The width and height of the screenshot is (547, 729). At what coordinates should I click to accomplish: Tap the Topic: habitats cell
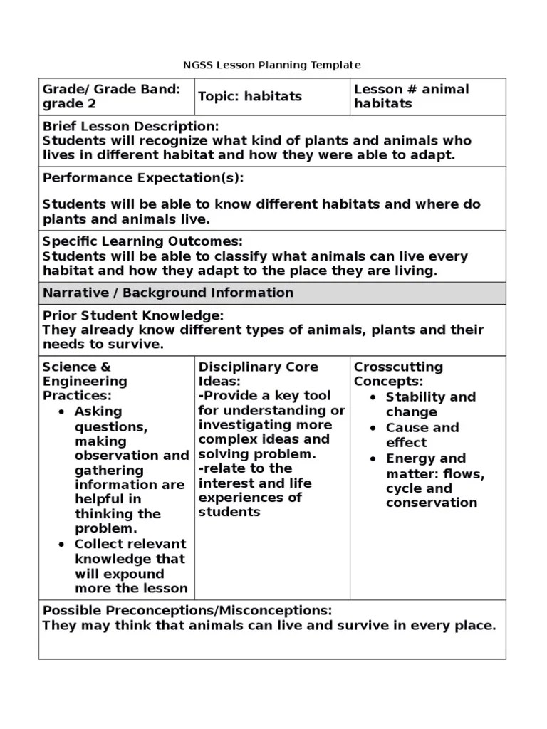pyautogui.click(x=249, y=96)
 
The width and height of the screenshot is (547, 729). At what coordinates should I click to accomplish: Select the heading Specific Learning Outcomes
pyautogui.click(x=142, y=241)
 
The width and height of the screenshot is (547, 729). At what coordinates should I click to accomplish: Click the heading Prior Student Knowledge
pyautogui.click(x=133, y=315)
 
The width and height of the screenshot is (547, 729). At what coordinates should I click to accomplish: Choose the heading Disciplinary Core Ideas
pyautogui.click(x=258, y=374)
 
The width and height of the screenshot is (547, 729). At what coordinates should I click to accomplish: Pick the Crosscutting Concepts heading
pyautogui.click(x=398, y=374)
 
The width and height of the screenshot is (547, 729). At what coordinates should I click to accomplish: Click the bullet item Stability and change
pyautogui.click(x=429, y=404)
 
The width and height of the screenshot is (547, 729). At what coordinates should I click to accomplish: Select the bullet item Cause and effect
pyautogui.click(x=422, y=435)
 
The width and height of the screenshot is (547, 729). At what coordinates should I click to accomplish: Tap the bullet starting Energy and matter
pyautogui.click(x=434, y=481)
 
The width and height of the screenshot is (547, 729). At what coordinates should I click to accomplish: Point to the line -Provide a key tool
pyautogui.click(x=264, y=396)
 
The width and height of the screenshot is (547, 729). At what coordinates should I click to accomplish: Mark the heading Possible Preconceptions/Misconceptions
pyautogui.click(x=187, y=610)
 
